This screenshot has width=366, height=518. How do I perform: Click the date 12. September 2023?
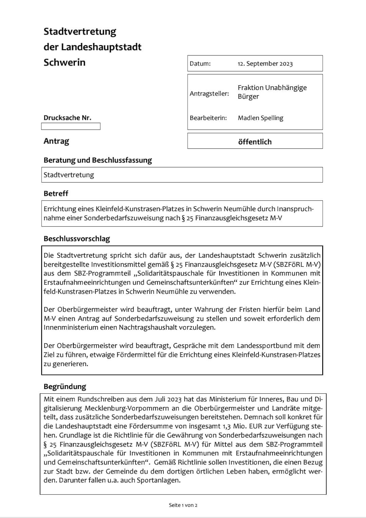click(265, 64)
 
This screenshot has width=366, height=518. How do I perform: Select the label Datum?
click(200, 64)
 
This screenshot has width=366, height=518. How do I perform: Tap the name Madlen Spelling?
click(261, 118)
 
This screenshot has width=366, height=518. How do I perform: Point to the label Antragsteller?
click(209, 93)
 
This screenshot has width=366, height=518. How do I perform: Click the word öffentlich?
click(255, 142)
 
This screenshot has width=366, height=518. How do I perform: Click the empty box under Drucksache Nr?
click(71, 126)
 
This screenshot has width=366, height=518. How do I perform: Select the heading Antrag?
click(56, 141)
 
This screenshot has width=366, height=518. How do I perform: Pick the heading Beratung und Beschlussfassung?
click(98, 160)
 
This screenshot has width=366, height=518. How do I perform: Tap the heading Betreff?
click(56, 193)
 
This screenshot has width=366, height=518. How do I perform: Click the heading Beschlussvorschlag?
click(77, 239)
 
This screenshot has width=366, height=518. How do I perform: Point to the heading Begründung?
click(65, 386)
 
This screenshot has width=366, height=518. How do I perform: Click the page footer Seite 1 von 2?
click(183, 505)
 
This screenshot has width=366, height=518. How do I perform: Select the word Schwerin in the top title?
click(64, 62)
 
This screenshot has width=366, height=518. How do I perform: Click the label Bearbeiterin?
click(208, 118)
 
